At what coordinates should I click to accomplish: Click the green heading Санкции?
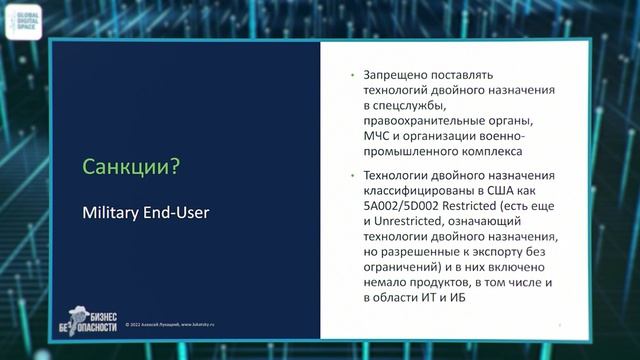[x=130, y=166]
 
